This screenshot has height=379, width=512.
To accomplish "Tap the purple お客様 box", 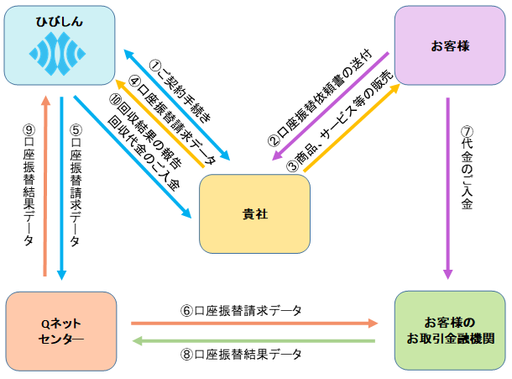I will coord(449,45).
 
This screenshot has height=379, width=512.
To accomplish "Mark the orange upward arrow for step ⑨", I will coord(44,185).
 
